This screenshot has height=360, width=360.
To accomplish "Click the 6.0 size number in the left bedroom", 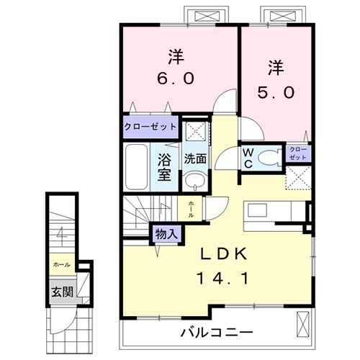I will (174, 77).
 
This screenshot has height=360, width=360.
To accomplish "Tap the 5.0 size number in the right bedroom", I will (273, 92).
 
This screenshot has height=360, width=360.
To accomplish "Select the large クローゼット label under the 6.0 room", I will (150, 127).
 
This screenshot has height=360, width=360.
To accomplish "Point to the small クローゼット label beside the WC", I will (298, 153).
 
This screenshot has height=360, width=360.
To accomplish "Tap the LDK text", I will (223, 253).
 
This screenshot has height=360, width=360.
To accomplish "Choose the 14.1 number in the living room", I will (223, 276).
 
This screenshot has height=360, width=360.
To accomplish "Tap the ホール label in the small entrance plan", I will (60, 265).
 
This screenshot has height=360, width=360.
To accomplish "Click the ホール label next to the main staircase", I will (191, 209).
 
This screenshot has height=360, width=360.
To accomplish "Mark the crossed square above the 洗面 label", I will (192, 132).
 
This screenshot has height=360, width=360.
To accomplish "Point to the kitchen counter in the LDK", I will (273, 210).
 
